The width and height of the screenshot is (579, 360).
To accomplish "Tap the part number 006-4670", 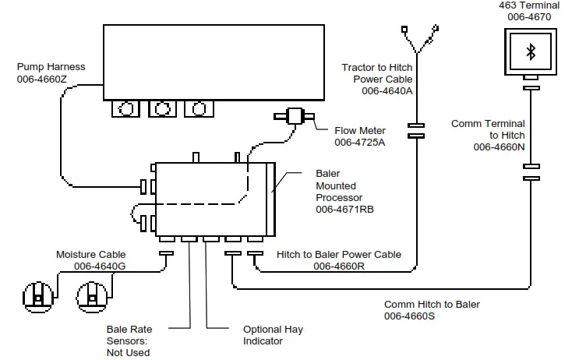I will tap(529, 16).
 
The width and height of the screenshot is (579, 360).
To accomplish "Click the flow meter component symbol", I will tap(295, 117).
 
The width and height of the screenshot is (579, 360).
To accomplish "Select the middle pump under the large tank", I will tap(161, 109).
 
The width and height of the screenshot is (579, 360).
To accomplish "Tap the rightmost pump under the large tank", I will tap(198, 109).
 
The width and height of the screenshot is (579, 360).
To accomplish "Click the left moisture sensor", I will tap(37, 296).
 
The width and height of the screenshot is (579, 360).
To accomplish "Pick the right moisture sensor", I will tap(92, 296).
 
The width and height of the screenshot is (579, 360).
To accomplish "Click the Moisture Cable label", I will tap(90, 255).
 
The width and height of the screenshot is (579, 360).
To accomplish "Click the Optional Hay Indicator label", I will tap(273, 335).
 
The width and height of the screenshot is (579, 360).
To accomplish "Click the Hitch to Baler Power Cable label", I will tap(339, 254).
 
